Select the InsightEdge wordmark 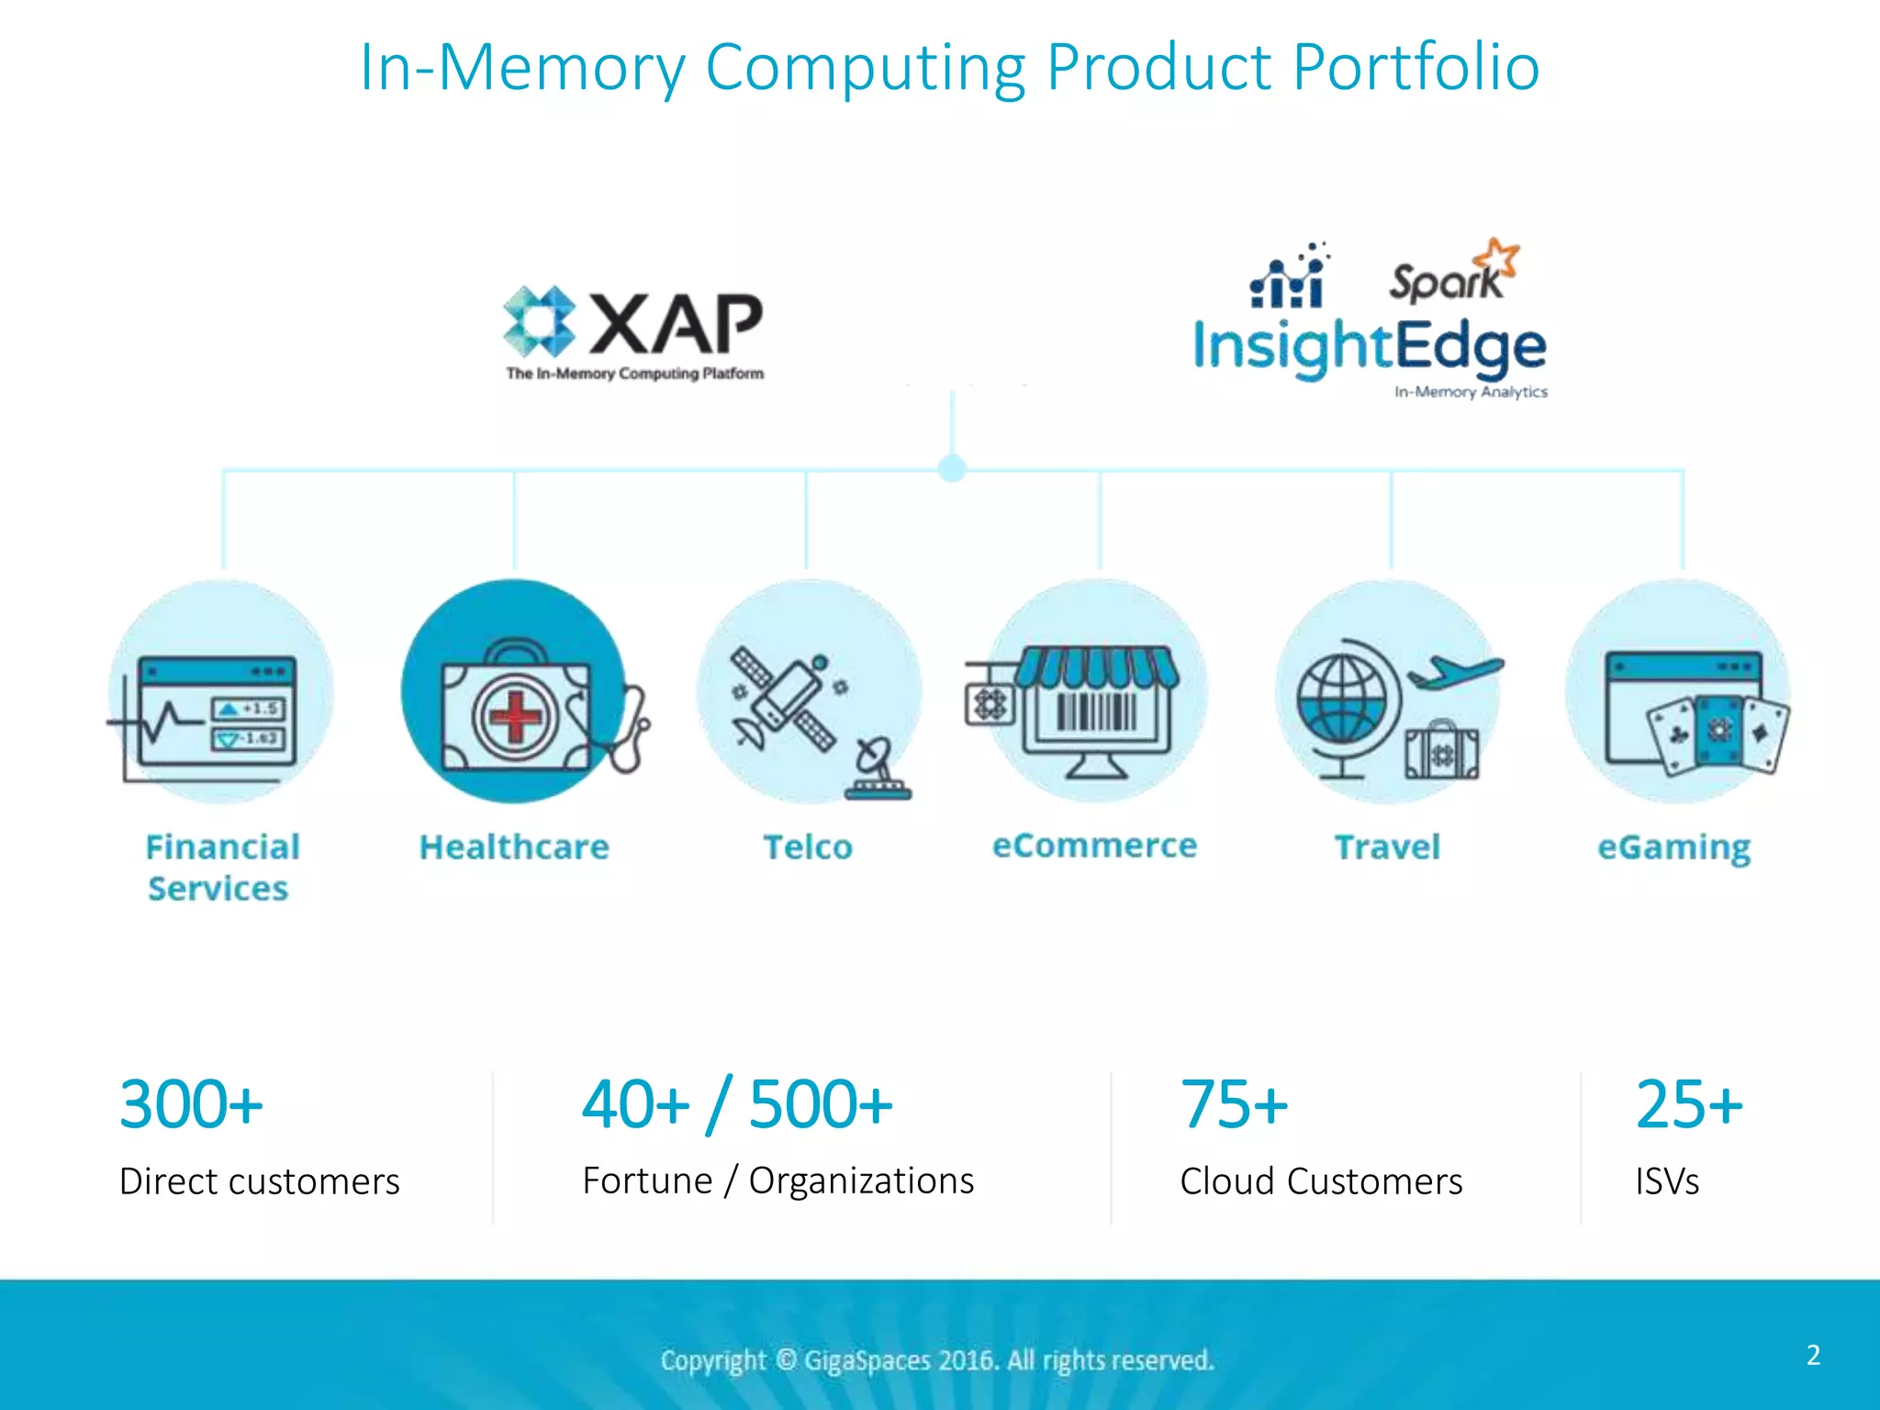pos(1369,348)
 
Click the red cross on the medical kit pos(515,716)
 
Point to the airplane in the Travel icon pos(1455,672)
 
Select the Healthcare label pos(514,846)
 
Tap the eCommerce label pos(1094,845)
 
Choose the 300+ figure pos(191,1104)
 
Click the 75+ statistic pos(1234,1104)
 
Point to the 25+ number pos(1688,1104)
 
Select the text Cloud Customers pos(1321,1181)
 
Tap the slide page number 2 pos(1813,1355)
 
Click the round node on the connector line pos(953,468)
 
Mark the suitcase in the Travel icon pos(1441,751)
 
